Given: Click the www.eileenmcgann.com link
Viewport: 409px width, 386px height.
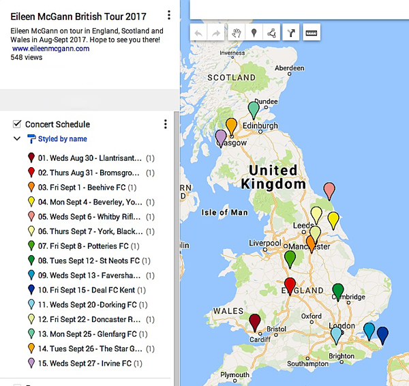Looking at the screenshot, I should click(x=50, y=48).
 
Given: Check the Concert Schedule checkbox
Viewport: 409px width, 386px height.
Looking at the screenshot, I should click(x=17, y=124).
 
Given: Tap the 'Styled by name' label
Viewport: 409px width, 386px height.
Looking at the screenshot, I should click(x=62, y=138).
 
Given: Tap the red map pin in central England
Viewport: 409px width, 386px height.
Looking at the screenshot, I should click(x=290, y=285).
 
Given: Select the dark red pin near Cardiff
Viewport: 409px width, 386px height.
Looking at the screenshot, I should click(x=255, y=321).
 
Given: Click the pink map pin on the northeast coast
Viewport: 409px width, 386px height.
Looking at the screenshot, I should click(x=329, y=190).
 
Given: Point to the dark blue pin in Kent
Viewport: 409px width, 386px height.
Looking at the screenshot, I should click(x=382, y=334).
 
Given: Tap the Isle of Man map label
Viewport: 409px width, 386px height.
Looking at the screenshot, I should click(x=225, y=212).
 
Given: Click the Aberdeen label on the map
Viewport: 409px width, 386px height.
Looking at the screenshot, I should click(x=288, y=68).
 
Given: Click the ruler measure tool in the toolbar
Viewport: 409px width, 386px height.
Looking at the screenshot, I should click(x=311, y=32).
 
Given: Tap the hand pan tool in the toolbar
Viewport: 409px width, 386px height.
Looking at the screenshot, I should click(x=237, y=32).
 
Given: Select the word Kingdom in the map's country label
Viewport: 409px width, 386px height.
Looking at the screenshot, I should click(x=275, y=184).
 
